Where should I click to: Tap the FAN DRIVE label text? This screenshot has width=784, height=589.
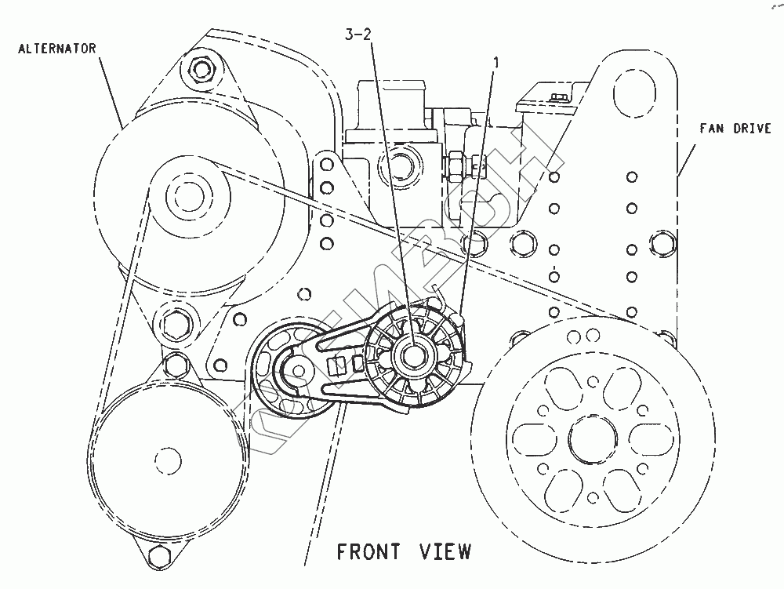click(736, 129)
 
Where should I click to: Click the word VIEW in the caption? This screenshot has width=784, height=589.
click(445, 551)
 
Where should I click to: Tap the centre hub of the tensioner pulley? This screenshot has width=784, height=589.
click(412, 356)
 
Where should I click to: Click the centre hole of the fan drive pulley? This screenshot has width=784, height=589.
click(588, 438)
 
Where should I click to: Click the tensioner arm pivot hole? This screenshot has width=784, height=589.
click(296, 369)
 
